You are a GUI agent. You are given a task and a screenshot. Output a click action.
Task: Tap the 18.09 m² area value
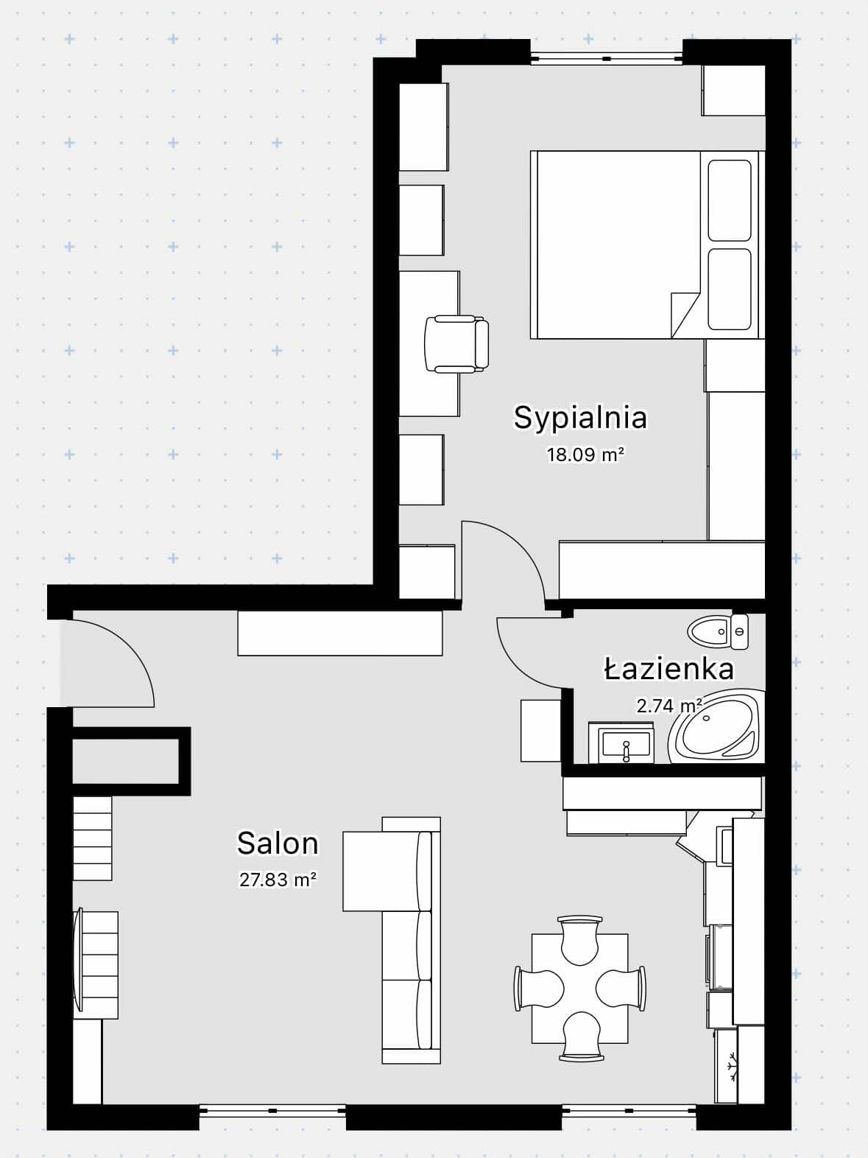pyautogui.click(x=585, y=455)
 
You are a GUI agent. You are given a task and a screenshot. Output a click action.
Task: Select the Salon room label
pyautogui.click(x=278, y=843)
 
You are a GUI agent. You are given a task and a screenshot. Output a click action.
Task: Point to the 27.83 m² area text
pyautogui.click(x=278, y=880)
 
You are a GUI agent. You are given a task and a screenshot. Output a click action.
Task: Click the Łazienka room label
pyautogui.click(x=668, y=669)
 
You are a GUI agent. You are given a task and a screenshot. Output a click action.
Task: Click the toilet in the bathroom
pyautogui.click(x=718, y=631)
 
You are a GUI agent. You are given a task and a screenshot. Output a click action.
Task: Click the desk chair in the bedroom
pyautogui.click(x=456, y=344)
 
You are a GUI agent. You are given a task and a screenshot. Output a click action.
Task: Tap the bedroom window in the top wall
pyautogui.click(x=607, y=58)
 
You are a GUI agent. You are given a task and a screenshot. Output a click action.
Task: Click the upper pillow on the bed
pyautogui.click(x=730, y=200)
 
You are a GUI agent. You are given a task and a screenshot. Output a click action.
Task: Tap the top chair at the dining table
pyautogui.click(x=579, y=940)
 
